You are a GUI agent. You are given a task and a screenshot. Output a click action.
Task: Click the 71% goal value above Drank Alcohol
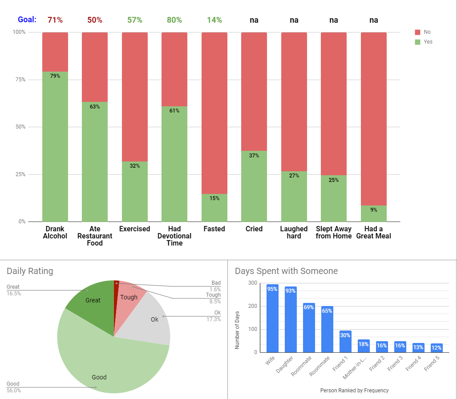55,20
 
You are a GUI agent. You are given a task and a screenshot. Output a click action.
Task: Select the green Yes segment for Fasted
214,208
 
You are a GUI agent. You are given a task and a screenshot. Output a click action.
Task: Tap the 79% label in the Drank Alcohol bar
55,76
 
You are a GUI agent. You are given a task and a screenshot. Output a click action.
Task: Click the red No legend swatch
417,32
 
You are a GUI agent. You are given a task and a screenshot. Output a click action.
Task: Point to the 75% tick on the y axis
19,80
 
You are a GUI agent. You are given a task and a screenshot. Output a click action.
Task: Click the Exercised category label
134,229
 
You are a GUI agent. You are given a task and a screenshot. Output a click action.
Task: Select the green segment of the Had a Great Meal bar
373,214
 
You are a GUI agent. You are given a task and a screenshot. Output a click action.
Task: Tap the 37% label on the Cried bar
254,156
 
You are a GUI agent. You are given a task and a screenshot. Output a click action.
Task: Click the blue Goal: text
27,20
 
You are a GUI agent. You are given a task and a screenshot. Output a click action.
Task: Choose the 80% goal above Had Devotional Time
174,20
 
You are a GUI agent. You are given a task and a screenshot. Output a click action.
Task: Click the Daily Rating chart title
30,271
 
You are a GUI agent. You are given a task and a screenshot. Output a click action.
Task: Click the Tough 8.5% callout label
213,298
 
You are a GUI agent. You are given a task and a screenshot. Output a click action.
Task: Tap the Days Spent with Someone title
286,271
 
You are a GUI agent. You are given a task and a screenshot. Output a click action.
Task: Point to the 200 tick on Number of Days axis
253,306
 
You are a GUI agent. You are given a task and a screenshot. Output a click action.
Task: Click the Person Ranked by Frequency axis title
354,391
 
